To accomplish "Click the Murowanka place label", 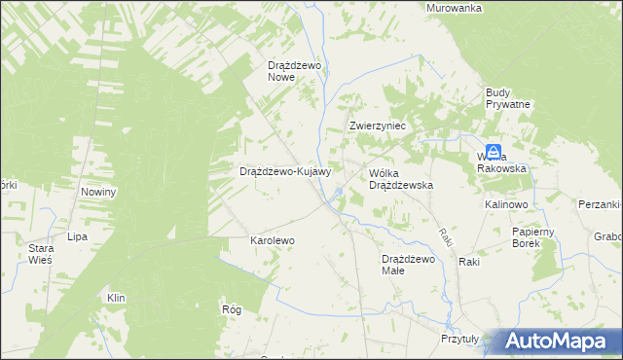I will (x=455, y=8).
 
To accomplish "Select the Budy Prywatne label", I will (x=507, y=98).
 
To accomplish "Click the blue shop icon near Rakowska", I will (x=495, y=151).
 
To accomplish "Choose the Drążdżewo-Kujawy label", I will (x=286, y=171).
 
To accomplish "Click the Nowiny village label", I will (x=98, y=192).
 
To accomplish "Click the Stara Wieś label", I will (x=41, y=255).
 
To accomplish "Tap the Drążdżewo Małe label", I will (x=407, y=265).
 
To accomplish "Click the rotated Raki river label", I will (x=444, y=236).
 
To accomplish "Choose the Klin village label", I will (x=117, y=298).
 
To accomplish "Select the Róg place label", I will (x=232, y=307).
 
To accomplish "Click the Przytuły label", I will (x=460, y=340).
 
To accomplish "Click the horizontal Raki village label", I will (x=470, y=263).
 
